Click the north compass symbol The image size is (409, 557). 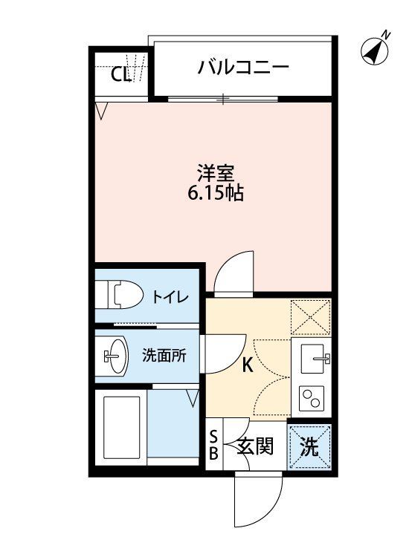pos(376,49)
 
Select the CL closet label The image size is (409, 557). pos(120,74)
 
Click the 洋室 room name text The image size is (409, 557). pos(216,174)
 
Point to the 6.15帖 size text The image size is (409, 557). pos(216,194)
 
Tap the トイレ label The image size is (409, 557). pos(170,297)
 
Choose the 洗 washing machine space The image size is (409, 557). pos(309,447)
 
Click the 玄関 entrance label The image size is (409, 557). pos(255,447)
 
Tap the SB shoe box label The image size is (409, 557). pos(213,446)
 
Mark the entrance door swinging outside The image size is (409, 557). pos(258,499)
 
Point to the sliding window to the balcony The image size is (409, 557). pos(222,98)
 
